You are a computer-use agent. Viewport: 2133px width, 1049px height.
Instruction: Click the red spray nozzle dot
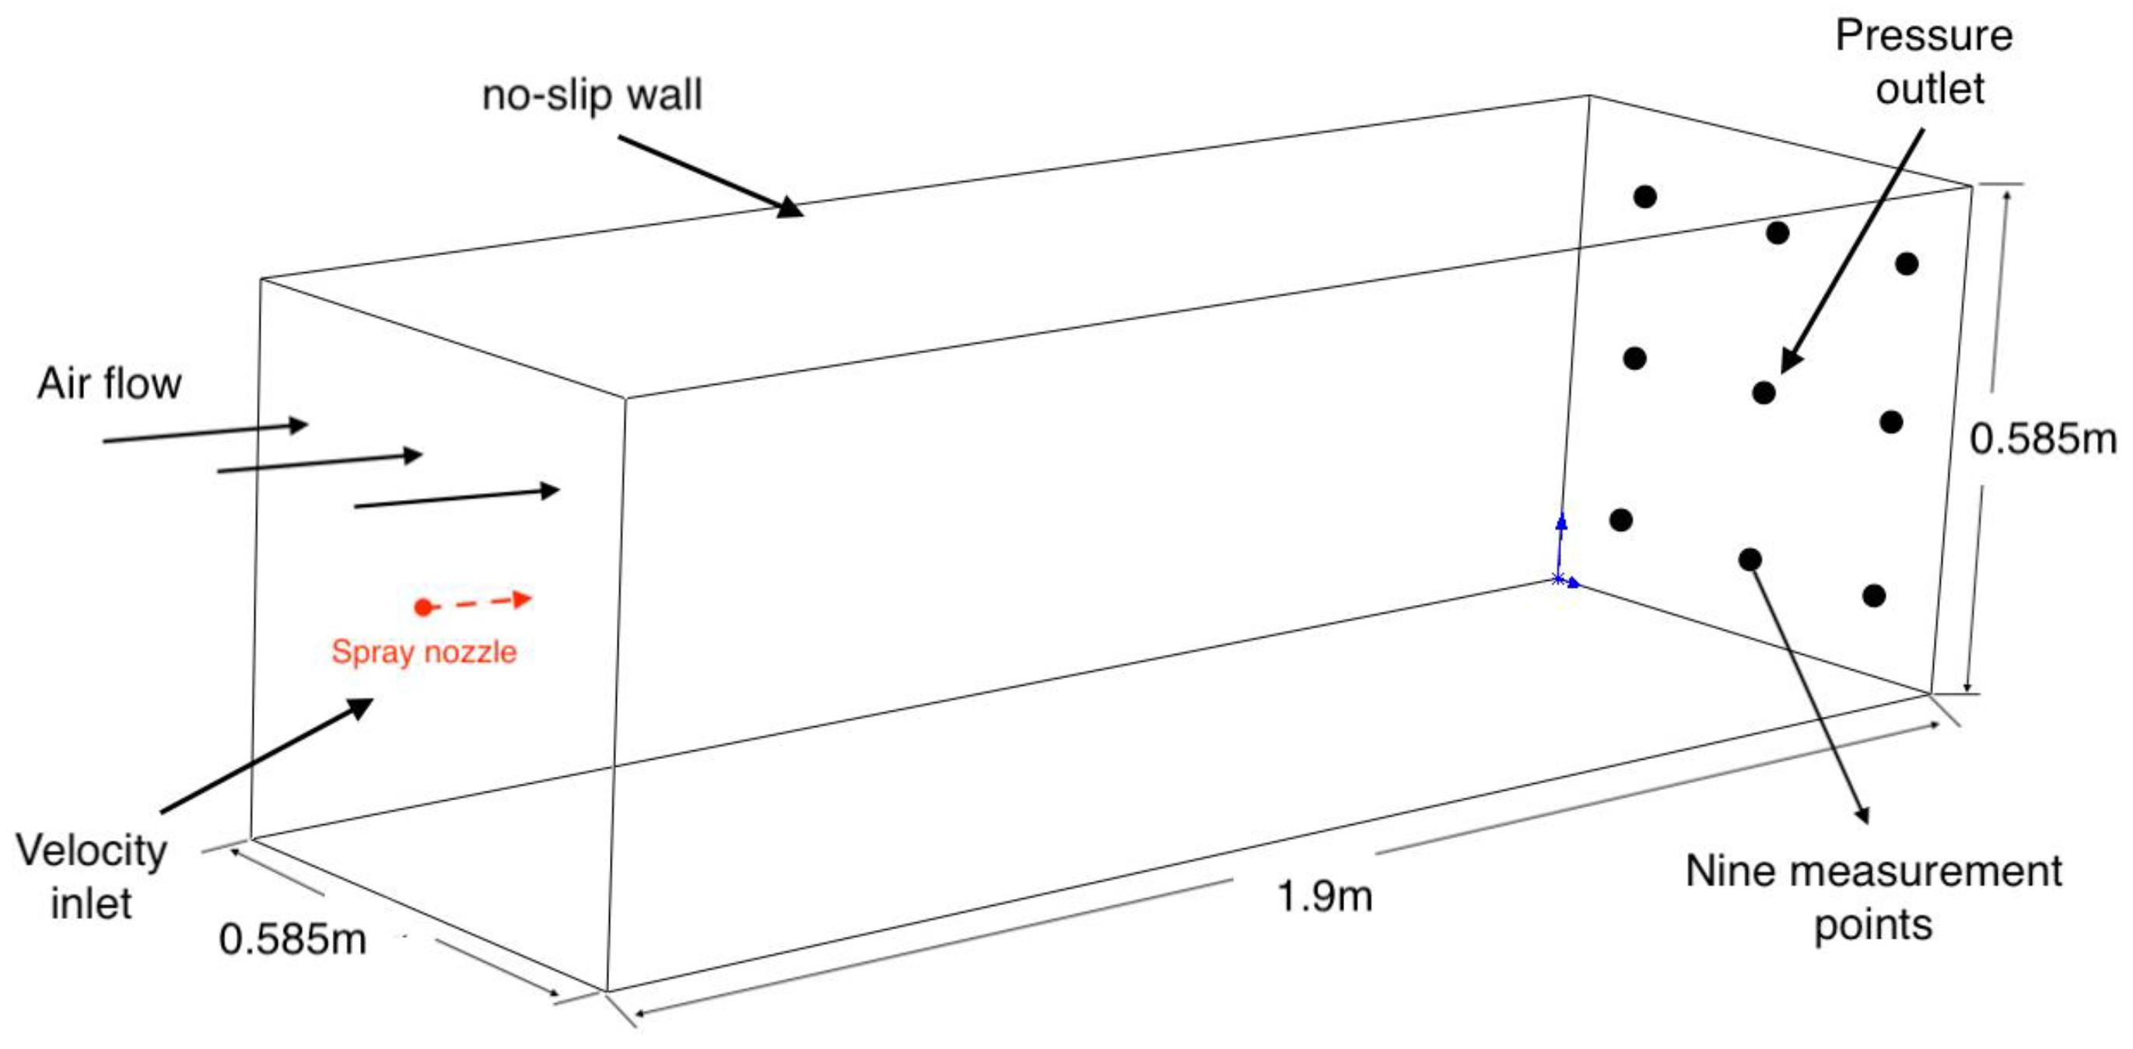click(423, 608)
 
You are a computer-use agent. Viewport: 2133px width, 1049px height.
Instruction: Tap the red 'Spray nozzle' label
click(424, 652)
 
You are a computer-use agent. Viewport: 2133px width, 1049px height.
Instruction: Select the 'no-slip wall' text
click(592, 95)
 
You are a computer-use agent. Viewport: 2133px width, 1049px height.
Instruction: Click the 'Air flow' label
click(110, 384)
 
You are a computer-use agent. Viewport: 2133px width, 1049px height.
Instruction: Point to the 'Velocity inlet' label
click(91, 876)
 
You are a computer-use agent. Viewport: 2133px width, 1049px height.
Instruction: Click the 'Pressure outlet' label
click(1925, 62)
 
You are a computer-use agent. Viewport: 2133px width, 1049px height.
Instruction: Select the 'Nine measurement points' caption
click(1873, 897)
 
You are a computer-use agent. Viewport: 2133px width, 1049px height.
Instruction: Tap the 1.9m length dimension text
click(1325, 896)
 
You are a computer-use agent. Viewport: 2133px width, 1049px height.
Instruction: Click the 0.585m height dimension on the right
click(2043, 439)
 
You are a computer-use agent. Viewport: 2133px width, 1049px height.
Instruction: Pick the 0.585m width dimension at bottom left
click(292, 939)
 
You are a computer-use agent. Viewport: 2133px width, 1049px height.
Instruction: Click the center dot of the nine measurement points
click(1764, 392)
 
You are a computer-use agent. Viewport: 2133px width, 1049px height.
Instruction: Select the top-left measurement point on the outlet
click(1645, 197)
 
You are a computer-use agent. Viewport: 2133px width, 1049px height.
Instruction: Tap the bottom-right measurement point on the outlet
click(1874, 596)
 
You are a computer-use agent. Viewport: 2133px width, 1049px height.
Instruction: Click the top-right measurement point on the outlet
click(1907, 264)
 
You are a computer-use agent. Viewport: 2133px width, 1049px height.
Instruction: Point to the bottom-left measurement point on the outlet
click(1621, 520)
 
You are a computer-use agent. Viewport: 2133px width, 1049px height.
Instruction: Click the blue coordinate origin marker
click(1558, 579)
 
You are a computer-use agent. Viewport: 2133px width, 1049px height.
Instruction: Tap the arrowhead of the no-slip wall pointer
click(792, 208)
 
